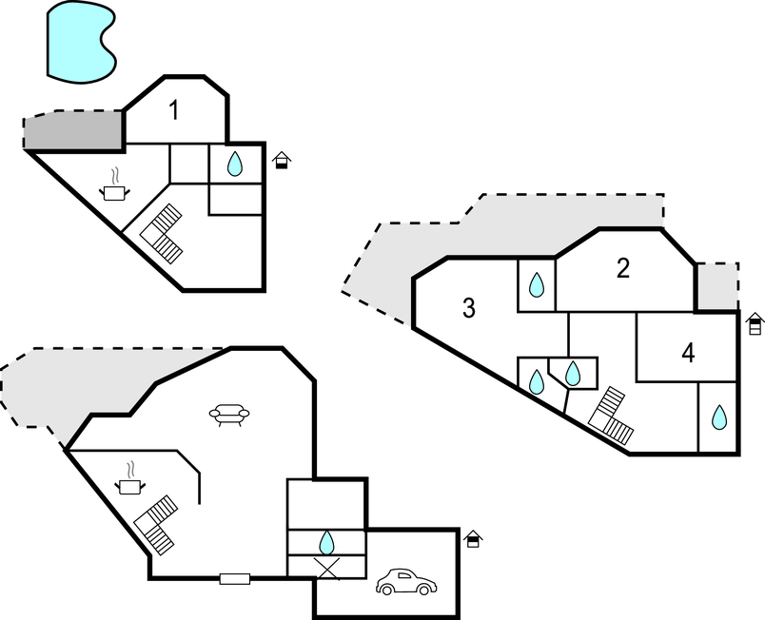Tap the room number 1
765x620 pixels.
coord(174,110)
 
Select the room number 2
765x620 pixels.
coord(623,269)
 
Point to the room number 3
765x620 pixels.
coord(468,308)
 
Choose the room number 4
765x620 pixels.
coord(688,354)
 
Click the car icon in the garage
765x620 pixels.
coord(406,582)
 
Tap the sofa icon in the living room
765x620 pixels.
coord(229,415)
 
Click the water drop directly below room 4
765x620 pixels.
coord(719,417)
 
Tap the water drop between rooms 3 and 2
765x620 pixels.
coord(537,284)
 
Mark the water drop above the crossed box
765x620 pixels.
coord(326,542)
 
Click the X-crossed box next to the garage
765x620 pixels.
coord(326,567)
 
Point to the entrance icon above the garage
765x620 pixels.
coord(473,539)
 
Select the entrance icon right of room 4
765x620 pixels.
coord(755,323)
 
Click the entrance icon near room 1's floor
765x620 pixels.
coord(281,160)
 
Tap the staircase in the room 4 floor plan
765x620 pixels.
coord(612,417)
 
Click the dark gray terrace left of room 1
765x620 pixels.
coord(74,131)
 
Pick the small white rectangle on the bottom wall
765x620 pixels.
coord(234,578)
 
